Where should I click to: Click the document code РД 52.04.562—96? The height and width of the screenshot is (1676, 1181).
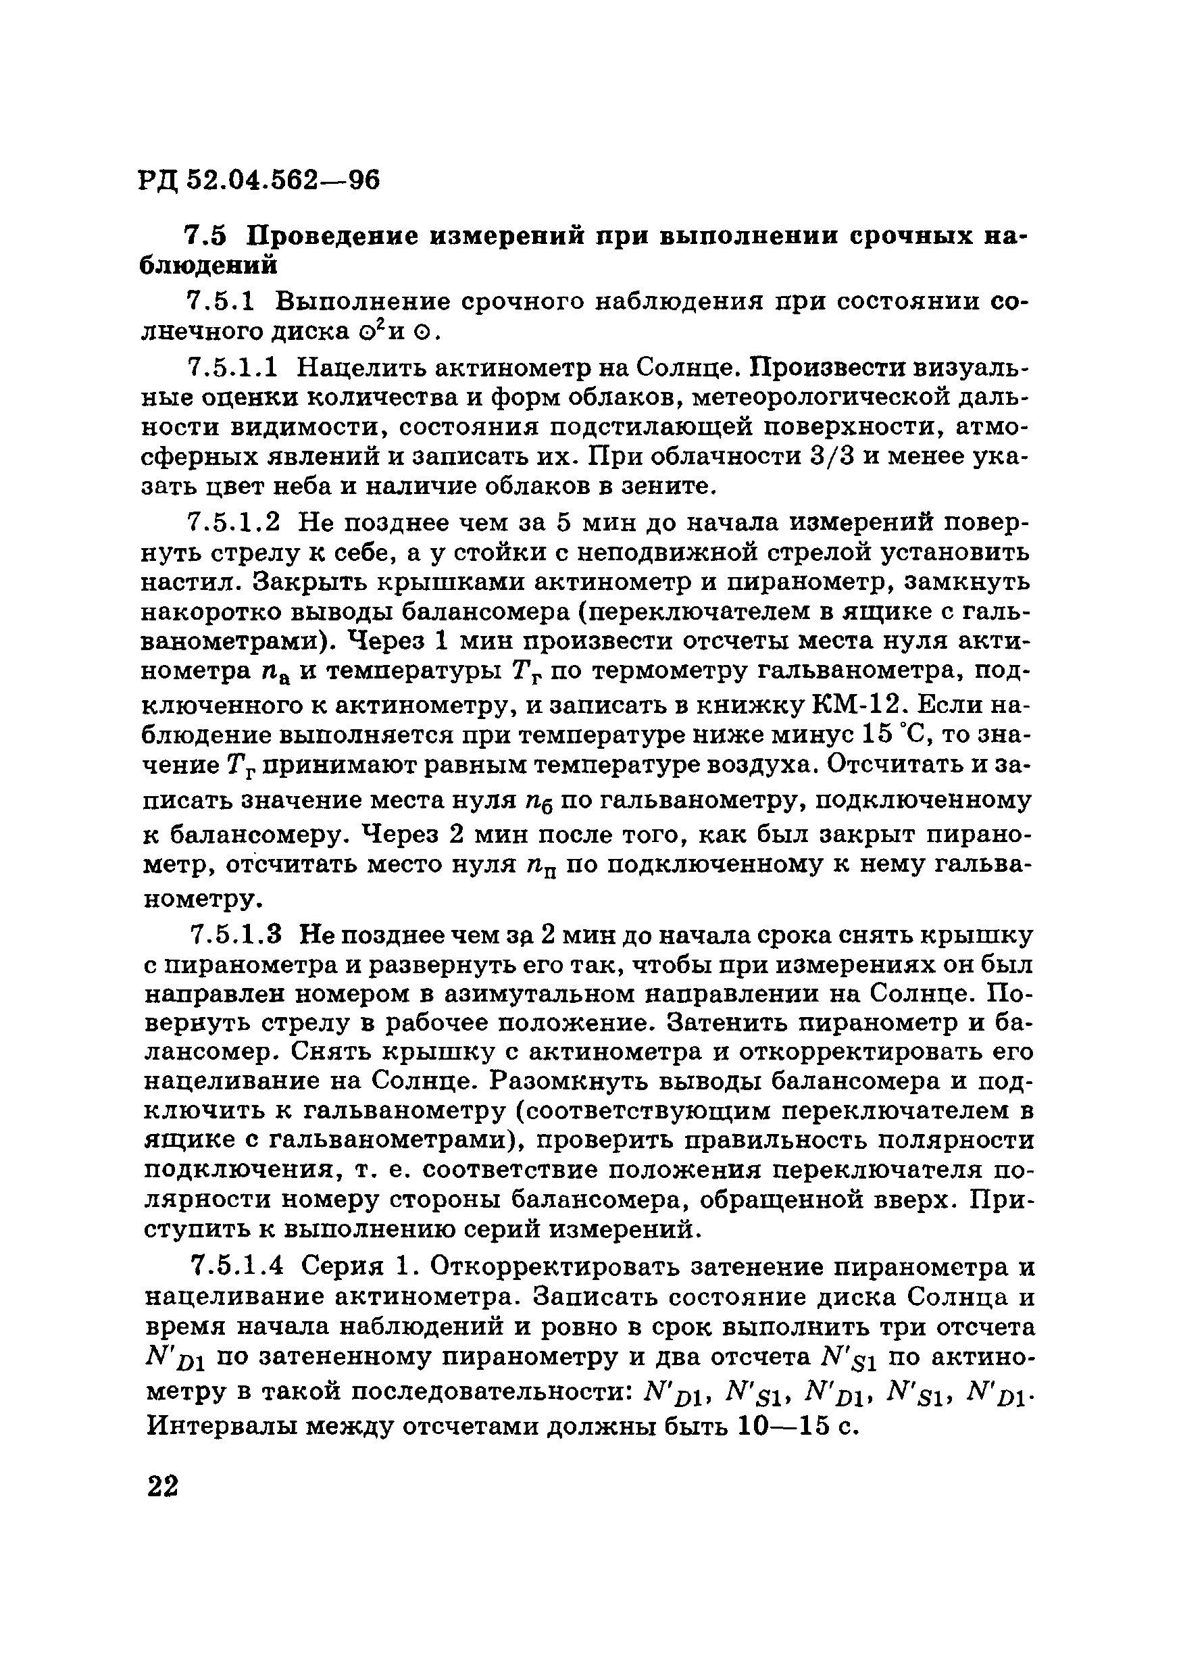coord(259,180)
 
